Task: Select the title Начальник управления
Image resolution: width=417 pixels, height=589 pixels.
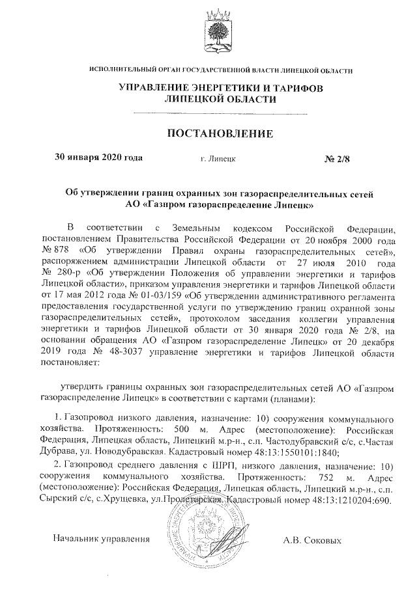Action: [x=102, y=539]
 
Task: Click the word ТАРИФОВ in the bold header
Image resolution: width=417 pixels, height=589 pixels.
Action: [x=289, y=87]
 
